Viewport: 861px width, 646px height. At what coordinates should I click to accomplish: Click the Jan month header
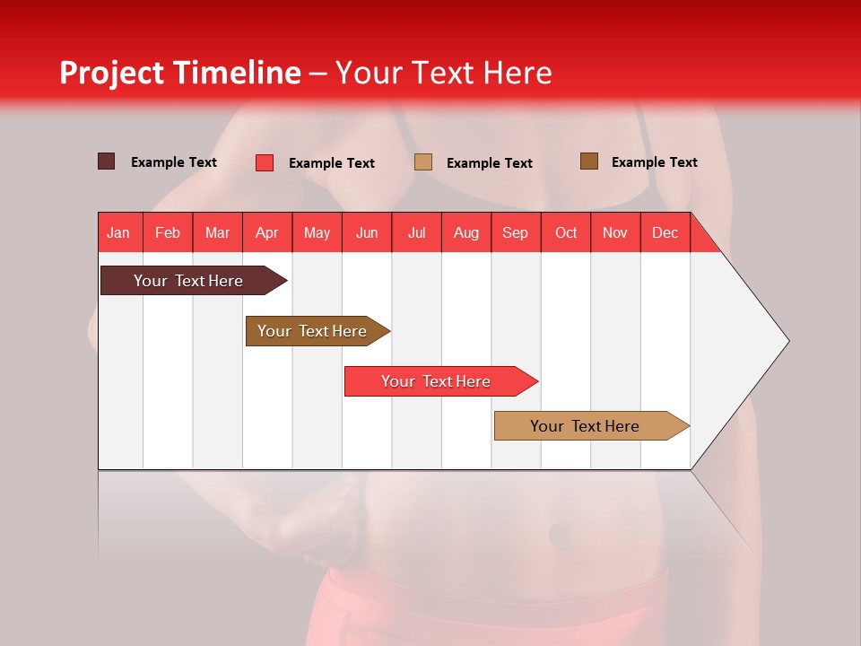(x=118, y=232)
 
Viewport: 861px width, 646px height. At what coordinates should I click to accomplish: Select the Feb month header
(x=168, y=232)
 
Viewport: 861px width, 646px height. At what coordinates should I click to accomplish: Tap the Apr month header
(x=266, y=232)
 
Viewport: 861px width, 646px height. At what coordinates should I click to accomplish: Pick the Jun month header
(x=367, y=232)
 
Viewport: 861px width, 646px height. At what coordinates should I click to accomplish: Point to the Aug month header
(x=465, y=232)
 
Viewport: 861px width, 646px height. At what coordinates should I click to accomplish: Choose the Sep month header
(x=515, y=232)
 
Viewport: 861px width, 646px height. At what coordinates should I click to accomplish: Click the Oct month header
(x=566, y=232)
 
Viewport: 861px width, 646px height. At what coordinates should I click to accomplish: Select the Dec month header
(x=665, y=232)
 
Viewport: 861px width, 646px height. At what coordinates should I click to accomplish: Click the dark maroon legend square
(x=106, y=161)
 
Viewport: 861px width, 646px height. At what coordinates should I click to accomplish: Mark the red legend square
(x=264, y=162)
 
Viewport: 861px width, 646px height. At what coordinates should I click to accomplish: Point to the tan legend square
(x=423, y=162)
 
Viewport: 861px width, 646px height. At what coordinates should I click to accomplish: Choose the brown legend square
(x=588, y=161)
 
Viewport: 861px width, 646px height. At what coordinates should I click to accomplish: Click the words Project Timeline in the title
(x=180, y=73)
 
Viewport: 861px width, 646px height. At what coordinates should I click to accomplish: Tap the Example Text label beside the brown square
(x=654, y=162)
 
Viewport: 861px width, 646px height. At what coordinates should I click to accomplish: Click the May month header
(x=317, y=232)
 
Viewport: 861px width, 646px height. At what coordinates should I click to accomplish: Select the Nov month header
(x=615, y=232)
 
